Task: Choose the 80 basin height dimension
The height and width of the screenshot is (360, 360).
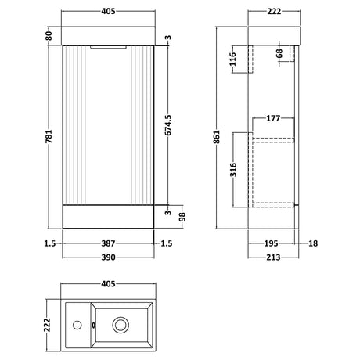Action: click(49, 35)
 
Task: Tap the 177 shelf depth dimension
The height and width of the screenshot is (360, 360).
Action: click(273, 118)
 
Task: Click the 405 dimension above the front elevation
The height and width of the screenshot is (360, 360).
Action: click(110, 12)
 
